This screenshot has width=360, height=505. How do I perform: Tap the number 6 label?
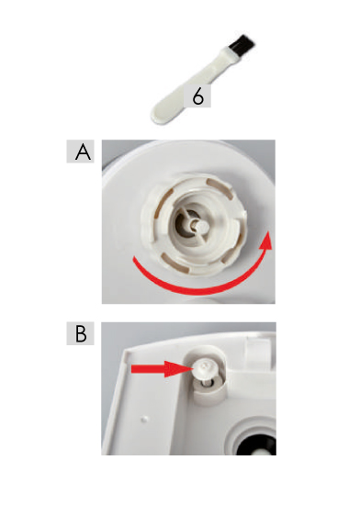197,96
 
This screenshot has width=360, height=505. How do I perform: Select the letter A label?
81,151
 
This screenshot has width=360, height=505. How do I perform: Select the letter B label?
81,333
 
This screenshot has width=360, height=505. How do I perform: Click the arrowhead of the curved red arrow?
265,241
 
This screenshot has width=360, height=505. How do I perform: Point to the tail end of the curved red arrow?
135,260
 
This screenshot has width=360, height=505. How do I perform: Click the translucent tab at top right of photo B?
259,351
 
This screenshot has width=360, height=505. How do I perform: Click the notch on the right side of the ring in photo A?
242,214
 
